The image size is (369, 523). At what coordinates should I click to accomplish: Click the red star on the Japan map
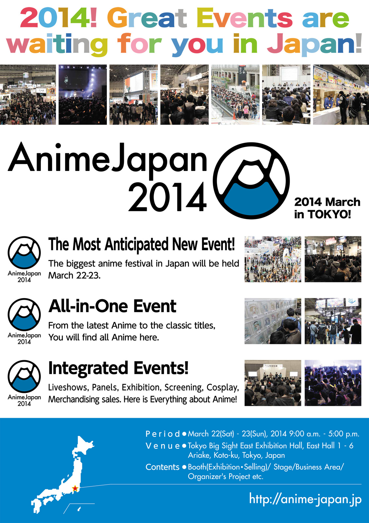coord(75,488)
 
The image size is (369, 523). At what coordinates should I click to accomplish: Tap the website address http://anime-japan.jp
coord(305,499)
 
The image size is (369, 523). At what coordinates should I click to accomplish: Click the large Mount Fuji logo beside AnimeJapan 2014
coord(251,181)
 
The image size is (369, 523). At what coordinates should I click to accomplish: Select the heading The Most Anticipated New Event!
coord(142,244)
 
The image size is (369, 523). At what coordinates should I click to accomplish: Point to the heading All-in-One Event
coord(112,306)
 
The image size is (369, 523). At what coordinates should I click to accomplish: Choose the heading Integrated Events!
coord(118,368)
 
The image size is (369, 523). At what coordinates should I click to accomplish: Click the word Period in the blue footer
coord(162,434)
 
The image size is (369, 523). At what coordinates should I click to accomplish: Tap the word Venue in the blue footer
coord(162,446)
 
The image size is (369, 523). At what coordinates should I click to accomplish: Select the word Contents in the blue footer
coord(162,467)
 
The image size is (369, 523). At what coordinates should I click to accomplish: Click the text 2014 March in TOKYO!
coord(327,208)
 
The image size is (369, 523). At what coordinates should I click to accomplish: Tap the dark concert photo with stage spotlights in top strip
coord(83,94)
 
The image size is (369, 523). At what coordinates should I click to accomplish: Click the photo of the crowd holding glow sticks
coord(333,383)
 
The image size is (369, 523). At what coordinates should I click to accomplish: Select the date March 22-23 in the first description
coord(74,276)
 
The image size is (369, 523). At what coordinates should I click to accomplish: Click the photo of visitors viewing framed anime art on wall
coord(273,321)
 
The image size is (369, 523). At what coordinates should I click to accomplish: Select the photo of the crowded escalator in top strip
coord(235,94)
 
